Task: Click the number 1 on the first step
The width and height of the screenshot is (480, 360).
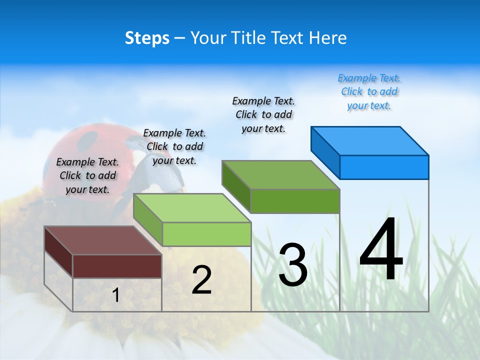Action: pos(116,295)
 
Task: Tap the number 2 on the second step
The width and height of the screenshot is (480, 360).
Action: pos(201,279)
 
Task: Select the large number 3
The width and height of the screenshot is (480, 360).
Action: pos(293,265)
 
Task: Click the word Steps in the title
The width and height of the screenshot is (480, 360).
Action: pos(147,38)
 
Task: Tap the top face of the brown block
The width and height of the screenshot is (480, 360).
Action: pos(103,240)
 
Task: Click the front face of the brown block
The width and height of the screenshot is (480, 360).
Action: pos(117,266)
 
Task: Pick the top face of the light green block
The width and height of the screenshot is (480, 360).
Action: pos(192,208)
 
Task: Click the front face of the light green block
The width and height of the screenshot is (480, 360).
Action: pos(206,234)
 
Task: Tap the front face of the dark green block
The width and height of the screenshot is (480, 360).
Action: pos(295,201)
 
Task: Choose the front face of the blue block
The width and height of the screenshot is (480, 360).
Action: pos(384,167)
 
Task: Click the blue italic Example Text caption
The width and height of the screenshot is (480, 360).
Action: pos(369,91)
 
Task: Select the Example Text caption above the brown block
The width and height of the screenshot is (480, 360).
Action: pos(87,175)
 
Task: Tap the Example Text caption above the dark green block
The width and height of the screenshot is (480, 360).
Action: pos(263,114)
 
